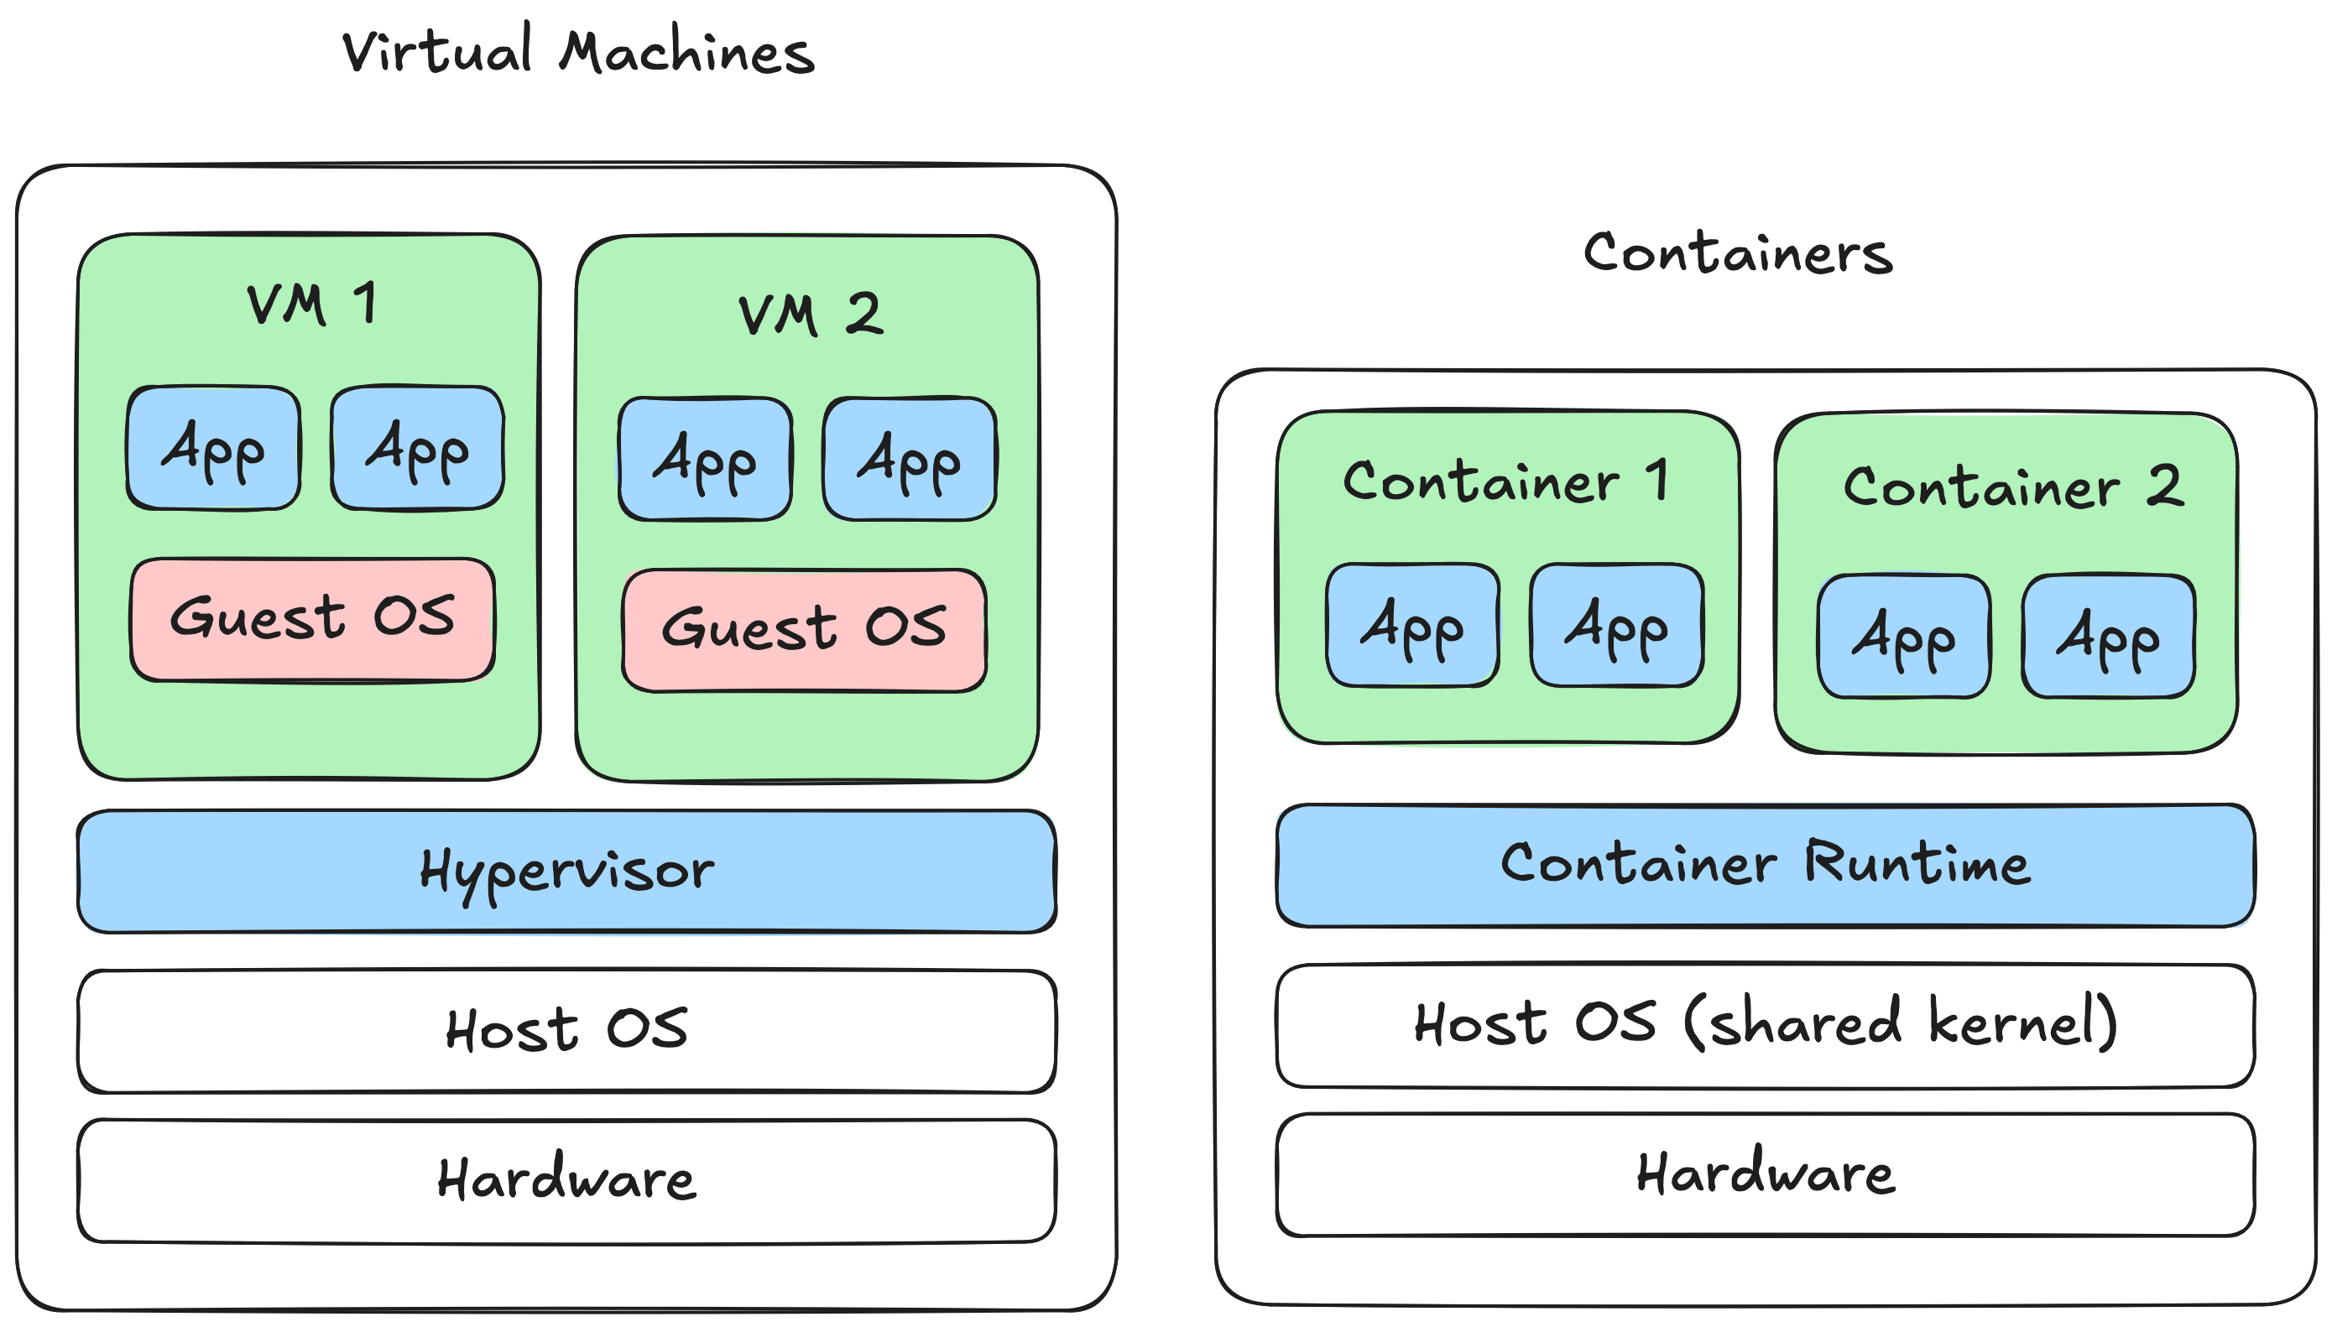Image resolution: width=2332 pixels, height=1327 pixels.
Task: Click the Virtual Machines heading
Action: click(578, 52)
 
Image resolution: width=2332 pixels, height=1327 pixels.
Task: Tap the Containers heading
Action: click(1738, 252)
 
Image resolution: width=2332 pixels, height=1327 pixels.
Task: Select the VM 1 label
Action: click(310, 304)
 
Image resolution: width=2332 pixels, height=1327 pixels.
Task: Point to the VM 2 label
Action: click(810, 315)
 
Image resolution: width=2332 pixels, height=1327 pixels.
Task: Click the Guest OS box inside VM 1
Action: click(313, 619)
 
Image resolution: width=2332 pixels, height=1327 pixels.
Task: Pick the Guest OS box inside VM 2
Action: click(804, 630)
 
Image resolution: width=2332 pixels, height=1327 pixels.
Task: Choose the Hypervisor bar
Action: click(566, 872)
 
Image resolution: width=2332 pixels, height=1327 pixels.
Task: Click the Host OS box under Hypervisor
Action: click(566, 1030)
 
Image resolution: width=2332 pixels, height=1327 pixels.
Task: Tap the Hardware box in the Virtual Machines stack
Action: click(566, 1179)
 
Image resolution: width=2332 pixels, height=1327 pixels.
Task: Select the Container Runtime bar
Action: click(1765, 864)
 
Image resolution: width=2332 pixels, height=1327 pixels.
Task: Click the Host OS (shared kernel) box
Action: click(1765, 1024)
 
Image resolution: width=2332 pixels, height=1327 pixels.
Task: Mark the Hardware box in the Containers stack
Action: click(1765, 1173)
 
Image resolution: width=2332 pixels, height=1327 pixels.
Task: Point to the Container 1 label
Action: click(1506, 481)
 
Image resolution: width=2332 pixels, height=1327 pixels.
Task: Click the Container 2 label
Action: click(2013, 487)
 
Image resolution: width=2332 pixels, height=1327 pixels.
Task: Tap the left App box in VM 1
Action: click(213, 447)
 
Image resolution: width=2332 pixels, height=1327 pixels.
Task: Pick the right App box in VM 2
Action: click(909, 459)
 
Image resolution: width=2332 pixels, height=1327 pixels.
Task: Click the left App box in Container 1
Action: click(1412, 625)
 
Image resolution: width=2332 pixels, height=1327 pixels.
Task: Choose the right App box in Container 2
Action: click(2108, 636)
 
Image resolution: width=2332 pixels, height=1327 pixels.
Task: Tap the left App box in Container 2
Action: click(1903, 636)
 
